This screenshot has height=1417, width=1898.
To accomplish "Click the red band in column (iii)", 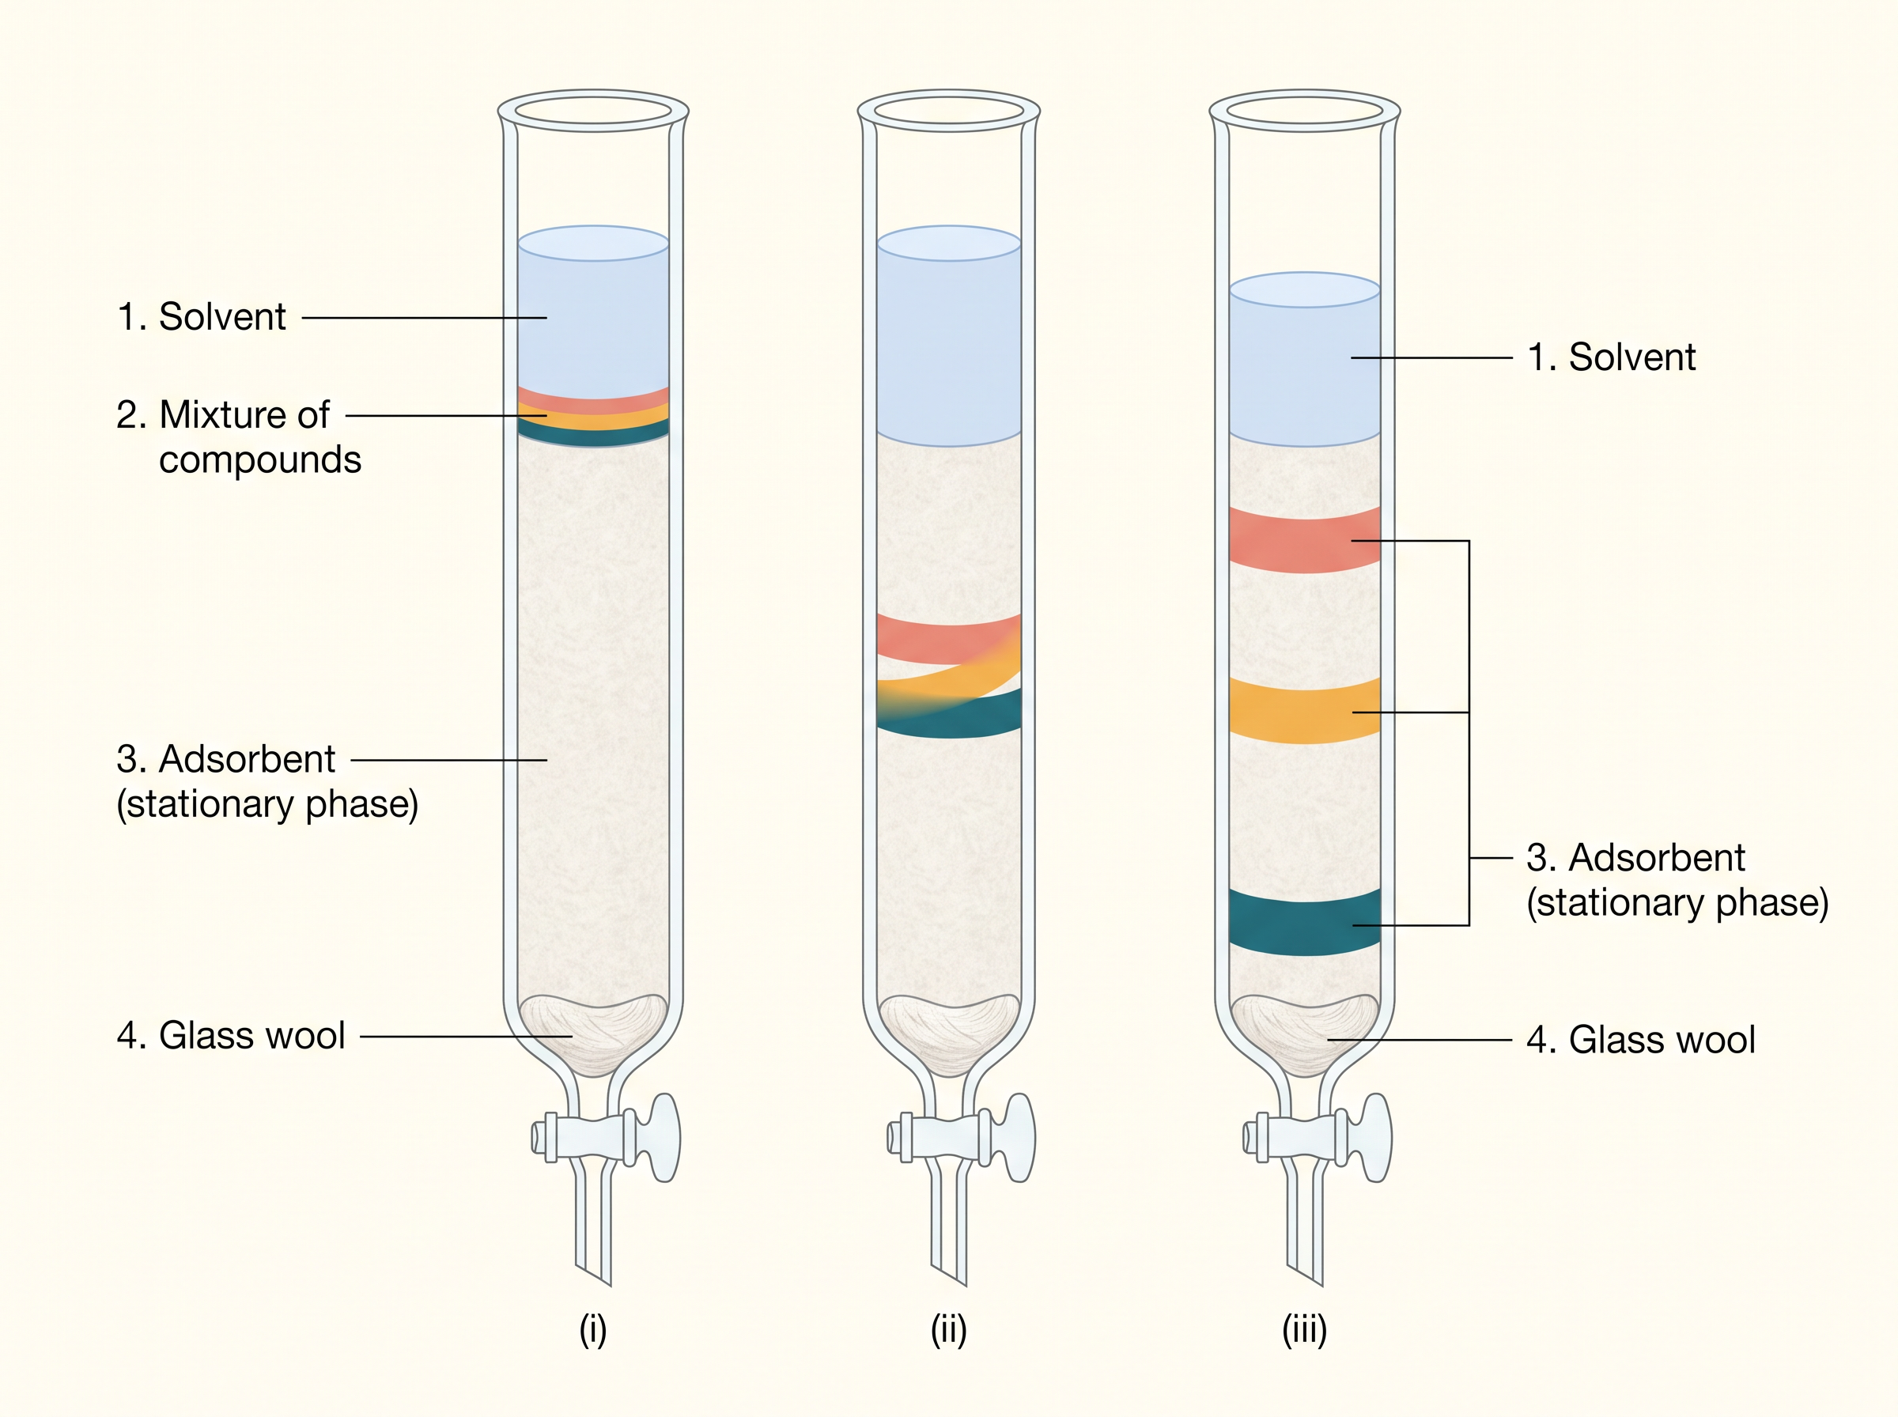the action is (1305, 539).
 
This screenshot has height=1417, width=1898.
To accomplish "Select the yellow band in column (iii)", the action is (1305, 710).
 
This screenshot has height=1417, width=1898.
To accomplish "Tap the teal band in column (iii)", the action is (1305, 922).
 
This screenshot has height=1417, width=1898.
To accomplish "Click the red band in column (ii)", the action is (947, 639).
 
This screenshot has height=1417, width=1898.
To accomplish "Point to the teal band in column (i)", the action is (592, 433).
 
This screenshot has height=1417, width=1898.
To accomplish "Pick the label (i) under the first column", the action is (592, 1330).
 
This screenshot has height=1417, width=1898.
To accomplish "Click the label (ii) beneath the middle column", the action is (948, 1330).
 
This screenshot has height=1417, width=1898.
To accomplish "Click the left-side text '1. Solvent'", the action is (201, 316).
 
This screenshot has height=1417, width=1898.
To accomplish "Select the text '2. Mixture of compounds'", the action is (238, 437).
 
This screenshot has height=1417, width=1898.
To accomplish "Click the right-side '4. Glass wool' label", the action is (1641, 1040).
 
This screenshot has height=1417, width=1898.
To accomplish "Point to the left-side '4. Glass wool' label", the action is (231, 1035).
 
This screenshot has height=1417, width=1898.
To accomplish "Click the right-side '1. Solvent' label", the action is (1612, 357).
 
